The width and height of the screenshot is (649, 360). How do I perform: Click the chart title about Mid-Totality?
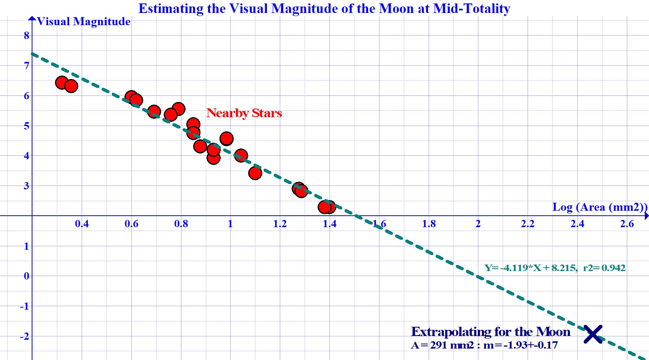(324, 8)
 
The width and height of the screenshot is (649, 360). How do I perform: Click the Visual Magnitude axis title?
(84, 21)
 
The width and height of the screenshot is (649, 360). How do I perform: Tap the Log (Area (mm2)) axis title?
(599, 207)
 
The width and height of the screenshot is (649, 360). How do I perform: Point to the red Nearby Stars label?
(244, 113)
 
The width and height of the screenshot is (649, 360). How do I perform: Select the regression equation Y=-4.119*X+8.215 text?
(555, 268)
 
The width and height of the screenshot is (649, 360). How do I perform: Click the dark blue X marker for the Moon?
(593, 334)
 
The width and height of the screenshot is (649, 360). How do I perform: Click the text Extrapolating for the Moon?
(491, 331)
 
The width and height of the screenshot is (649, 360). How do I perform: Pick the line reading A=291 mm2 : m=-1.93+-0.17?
(484, 345)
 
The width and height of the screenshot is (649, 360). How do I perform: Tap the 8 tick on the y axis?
(26, 36)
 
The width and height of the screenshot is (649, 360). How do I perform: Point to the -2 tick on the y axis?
(24, 336)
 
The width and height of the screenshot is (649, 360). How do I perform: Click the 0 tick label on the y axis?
(26, 276)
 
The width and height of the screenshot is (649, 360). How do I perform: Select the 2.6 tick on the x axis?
(626, 224)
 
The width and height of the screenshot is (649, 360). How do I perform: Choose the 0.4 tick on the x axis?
(82, 224)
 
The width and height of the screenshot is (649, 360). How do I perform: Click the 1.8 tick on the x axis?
(429, 224)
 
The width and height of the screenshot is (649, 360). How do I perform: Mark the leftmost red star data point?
(62, 82)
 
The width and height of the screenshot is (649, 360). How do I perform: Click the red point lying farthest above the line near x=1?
(226, 139)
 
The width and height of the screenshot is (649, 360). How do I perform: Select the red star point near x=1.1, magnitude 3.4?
(255, 173)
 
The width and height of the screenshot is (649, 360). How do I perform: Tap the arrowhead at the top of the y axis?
(32, 18)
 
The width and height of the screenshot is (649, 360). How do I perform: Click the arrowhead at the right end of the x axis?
(646, 216)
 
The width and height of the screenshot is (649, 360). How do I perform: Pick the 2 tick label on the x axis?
(478, 224)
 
